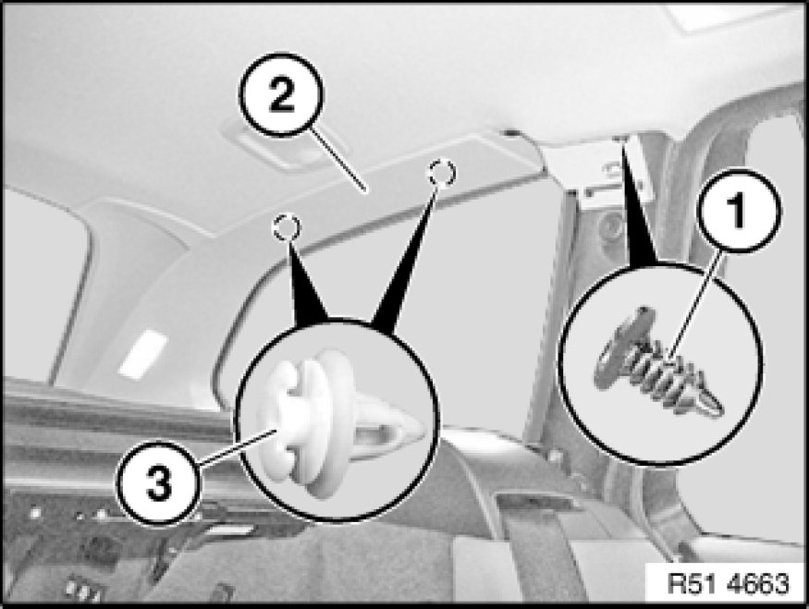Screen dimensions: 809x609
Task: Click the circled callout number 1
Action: [x=740, y=211]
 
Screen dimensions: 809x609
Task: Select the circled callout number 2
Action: [x=282, y=95]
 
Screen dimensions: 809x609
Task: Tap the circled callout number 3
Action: [x=158, y=483]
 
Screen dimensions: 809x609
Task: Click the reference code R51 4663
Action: [x=728, y=584]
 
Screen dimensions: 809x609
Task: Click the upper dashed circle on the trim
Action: [x=442, y=172]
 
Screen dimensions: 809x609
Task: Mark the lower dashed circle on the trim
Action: [x=286, y=227]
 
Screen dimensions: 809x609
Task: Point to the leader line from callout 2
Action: [x=337, y=160]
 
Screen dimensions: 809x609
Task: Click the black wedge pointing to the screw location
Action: [x=637, y=206]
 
